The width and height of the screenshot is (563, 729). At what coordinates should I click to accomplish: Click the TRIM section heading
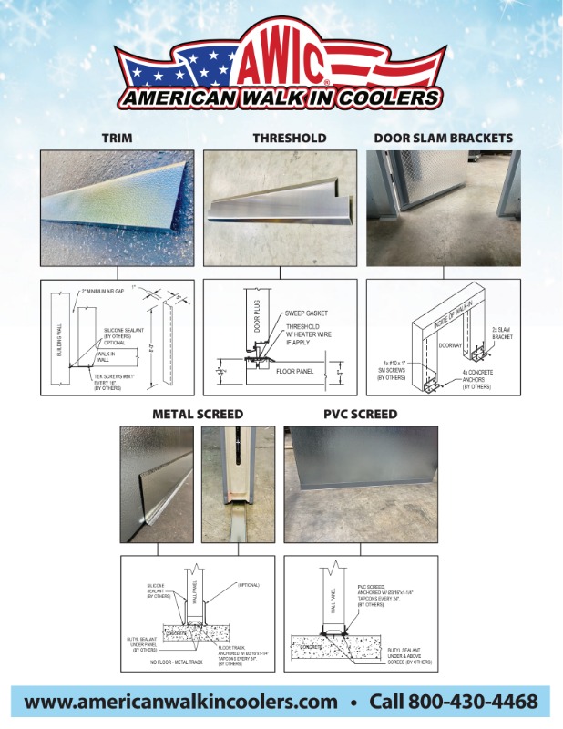coord(117,139)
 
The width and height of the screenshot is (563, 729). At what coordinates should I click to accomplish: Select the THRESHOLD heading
coord(289,139)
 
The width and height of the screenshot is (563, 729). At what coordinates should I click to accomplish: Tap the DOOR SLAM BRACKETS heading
coord(443,139)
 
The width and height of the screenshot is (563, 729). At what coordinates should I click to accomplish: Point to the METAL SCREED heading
coord(198,415)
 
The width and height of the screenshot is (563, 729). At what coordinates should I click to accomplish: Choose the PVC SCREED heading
coord(360,415)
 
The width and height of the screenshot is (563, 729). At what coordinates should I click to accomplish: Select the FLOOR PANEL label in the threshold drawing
coord(295,372)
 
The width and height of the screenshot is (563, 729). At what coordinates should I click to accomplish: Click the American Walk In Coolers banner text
coord(281,98)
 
